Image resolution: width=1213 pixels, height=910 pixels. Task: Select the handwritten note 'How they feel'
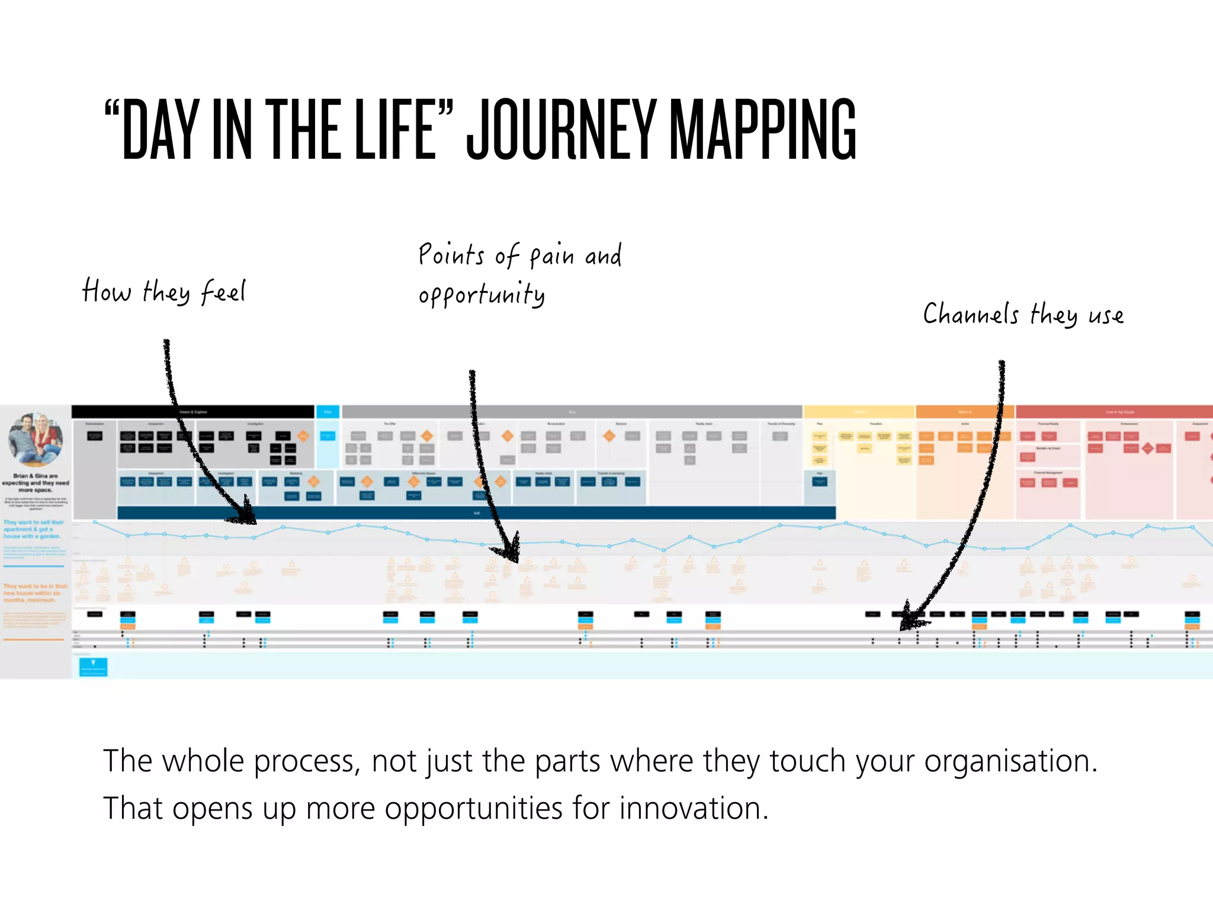tap(164, 291)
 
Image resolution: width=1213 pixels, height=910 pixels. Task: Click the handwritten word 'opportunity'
tap(481, 294)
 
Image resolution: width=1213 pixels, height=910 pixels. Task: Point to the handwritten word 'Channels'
tap(971, 314)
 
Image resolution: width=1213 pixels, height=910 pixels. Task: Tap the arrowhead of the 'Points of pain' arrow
tap(509, 551)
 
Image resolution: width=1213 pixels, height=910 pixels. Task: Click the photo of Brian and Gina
tap(36, 439)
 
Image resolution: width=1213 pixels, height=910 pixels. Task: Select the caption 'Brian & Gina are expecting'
tap(36, 483)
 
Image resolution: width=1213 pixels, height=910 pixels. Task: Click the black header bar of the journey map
tap(192, 412)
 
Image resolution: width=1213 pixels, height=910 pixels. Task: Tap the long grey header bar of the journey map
tap(572, 412)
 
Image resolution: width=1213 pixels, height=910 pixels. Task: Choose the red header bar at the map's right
tap(1113, 412)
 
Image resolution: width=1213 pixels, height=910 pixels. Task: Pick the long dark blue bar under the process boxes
tap(477, 513)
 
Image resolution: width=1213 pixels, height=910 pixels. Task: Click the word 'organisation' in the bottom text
tap(1010, 761)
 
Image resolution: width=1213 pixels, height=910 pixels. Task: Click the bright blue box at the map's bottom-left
tap(93, 667)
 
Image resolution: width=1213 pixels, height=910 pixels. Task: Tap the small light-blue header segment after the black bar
tap(328, 412)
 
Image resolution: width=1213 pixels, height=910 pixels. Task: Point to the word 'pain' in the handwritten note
tap(551, 256)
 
